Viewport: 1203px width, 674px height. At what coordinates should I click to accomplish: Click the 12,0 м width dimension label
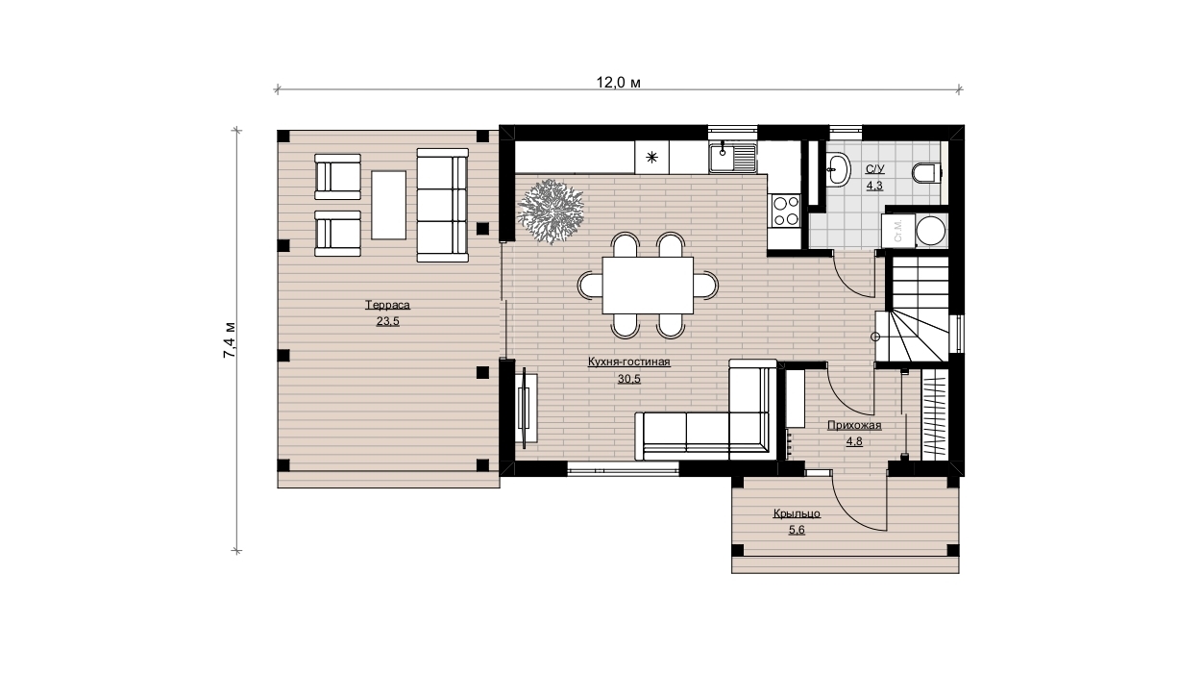click(x=619, y=83)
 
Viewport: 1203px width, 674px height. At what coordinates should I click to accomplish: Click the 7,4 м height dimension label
click(x=230, y=340)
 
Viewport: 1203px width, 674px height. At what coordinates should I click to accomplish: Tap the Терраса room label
click(x=388, y=305)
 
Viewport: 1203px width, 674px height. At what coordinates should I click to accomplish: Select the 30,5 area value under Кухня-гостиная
click(x=629, y=379)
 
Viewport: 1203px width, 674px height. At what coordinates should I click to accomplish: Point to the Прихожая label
click(x=854, y=426)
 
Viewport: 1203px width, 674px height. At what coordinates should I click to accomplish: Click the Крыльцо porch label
click(x=797, y=513)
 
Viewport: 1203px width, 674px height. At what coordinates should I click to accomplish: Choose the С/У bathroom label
click(x=874, y=169)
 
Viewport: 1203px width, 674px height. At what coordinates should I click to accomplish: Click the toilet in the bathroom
click(x=927, y=173)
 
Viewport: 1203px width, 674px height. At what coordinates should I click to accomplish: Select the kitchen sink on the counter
click(x=732, y=158)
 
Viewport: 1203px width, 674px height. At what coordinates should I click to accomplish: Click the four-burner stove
click(x=786, y=211)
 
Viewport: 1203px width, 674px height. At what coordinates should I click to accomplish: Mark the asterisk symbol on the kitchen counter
click(x=652, y=157)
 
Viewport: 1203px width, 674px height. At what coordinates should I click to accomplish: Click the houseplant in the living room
click(x=551, y=212)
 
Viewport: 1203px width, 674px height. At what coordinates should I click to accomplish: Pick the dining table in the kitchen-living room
click(x=648, y=286)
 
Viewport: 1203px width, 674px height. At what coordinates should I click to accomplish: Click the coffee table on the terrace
click(x=389, y=205)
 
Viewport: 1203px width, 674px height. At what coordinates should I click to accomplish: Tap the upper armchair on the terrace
click(x=337, y=177)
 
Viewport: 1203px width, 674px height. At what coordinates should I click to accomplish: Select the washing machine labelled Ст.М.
click(x=898, y=231)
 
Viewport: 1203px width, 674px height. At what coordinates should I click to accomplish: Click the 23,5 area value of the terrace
click(x=388, y=321)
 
